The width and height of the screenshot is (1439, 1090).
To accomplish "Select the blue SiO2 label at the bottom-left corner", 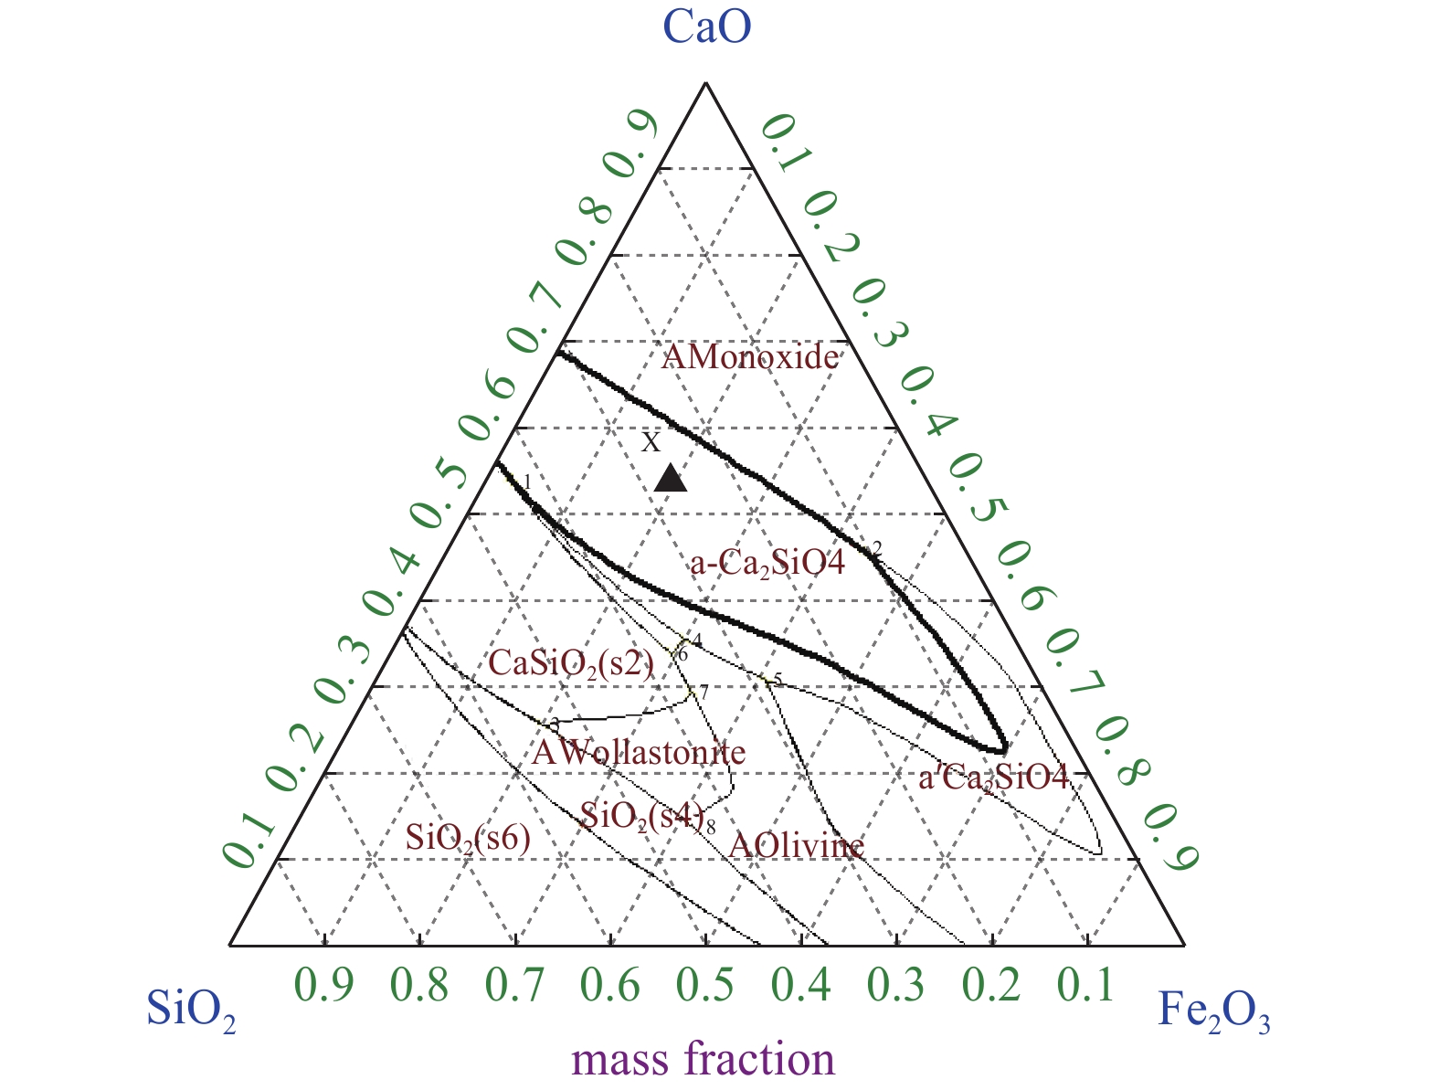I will tap(191, 1011).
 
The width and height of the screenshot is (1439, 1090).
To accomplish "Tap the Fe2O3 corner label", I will tap(1213, 1011).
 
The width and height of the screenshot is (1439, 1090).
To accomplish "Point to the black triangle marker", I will tap(671, 478).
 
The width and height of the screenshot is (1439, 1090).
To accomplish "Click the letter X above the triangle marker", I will tap(650, 443).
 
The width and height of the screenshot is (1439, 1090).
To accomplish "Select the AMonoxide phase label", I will tap(749, 357).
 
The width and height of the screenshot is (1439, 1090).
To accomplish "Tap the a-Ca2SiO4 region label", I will tap(767, 563).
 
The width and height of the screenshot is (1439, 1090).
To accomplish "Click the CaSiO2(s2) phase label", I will tap(572, 662).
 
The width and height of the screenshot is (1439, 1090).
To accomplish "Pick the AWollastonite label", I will tap(639, 753).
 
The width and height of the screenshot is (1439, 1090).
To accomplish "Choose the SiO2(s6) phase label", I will tap(468, 837).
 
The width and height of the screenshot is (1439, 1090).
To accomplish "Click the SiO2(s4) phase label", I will tap(642, 816).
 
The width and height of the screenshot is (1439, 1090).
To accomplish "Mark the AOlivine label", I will tap(796, 845).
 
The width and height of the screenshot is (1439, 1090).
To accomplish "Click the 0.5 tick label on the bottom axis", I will tap(704, 985).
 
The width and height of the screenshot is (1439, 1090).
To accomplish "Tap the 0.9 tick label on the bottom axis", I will tap(324, 985).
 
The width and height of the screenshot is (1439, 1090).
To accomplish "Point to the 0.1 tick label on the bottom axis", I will tap(1085, 985).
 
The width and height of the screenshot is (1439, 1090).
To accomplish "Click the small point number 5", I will tap(778, 679).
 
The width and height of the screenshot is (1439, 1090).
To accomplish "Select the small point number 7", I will tap(704, 693).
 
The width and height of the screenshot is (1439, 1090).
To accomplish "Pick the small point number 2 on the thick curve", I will tap(877, 547).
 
